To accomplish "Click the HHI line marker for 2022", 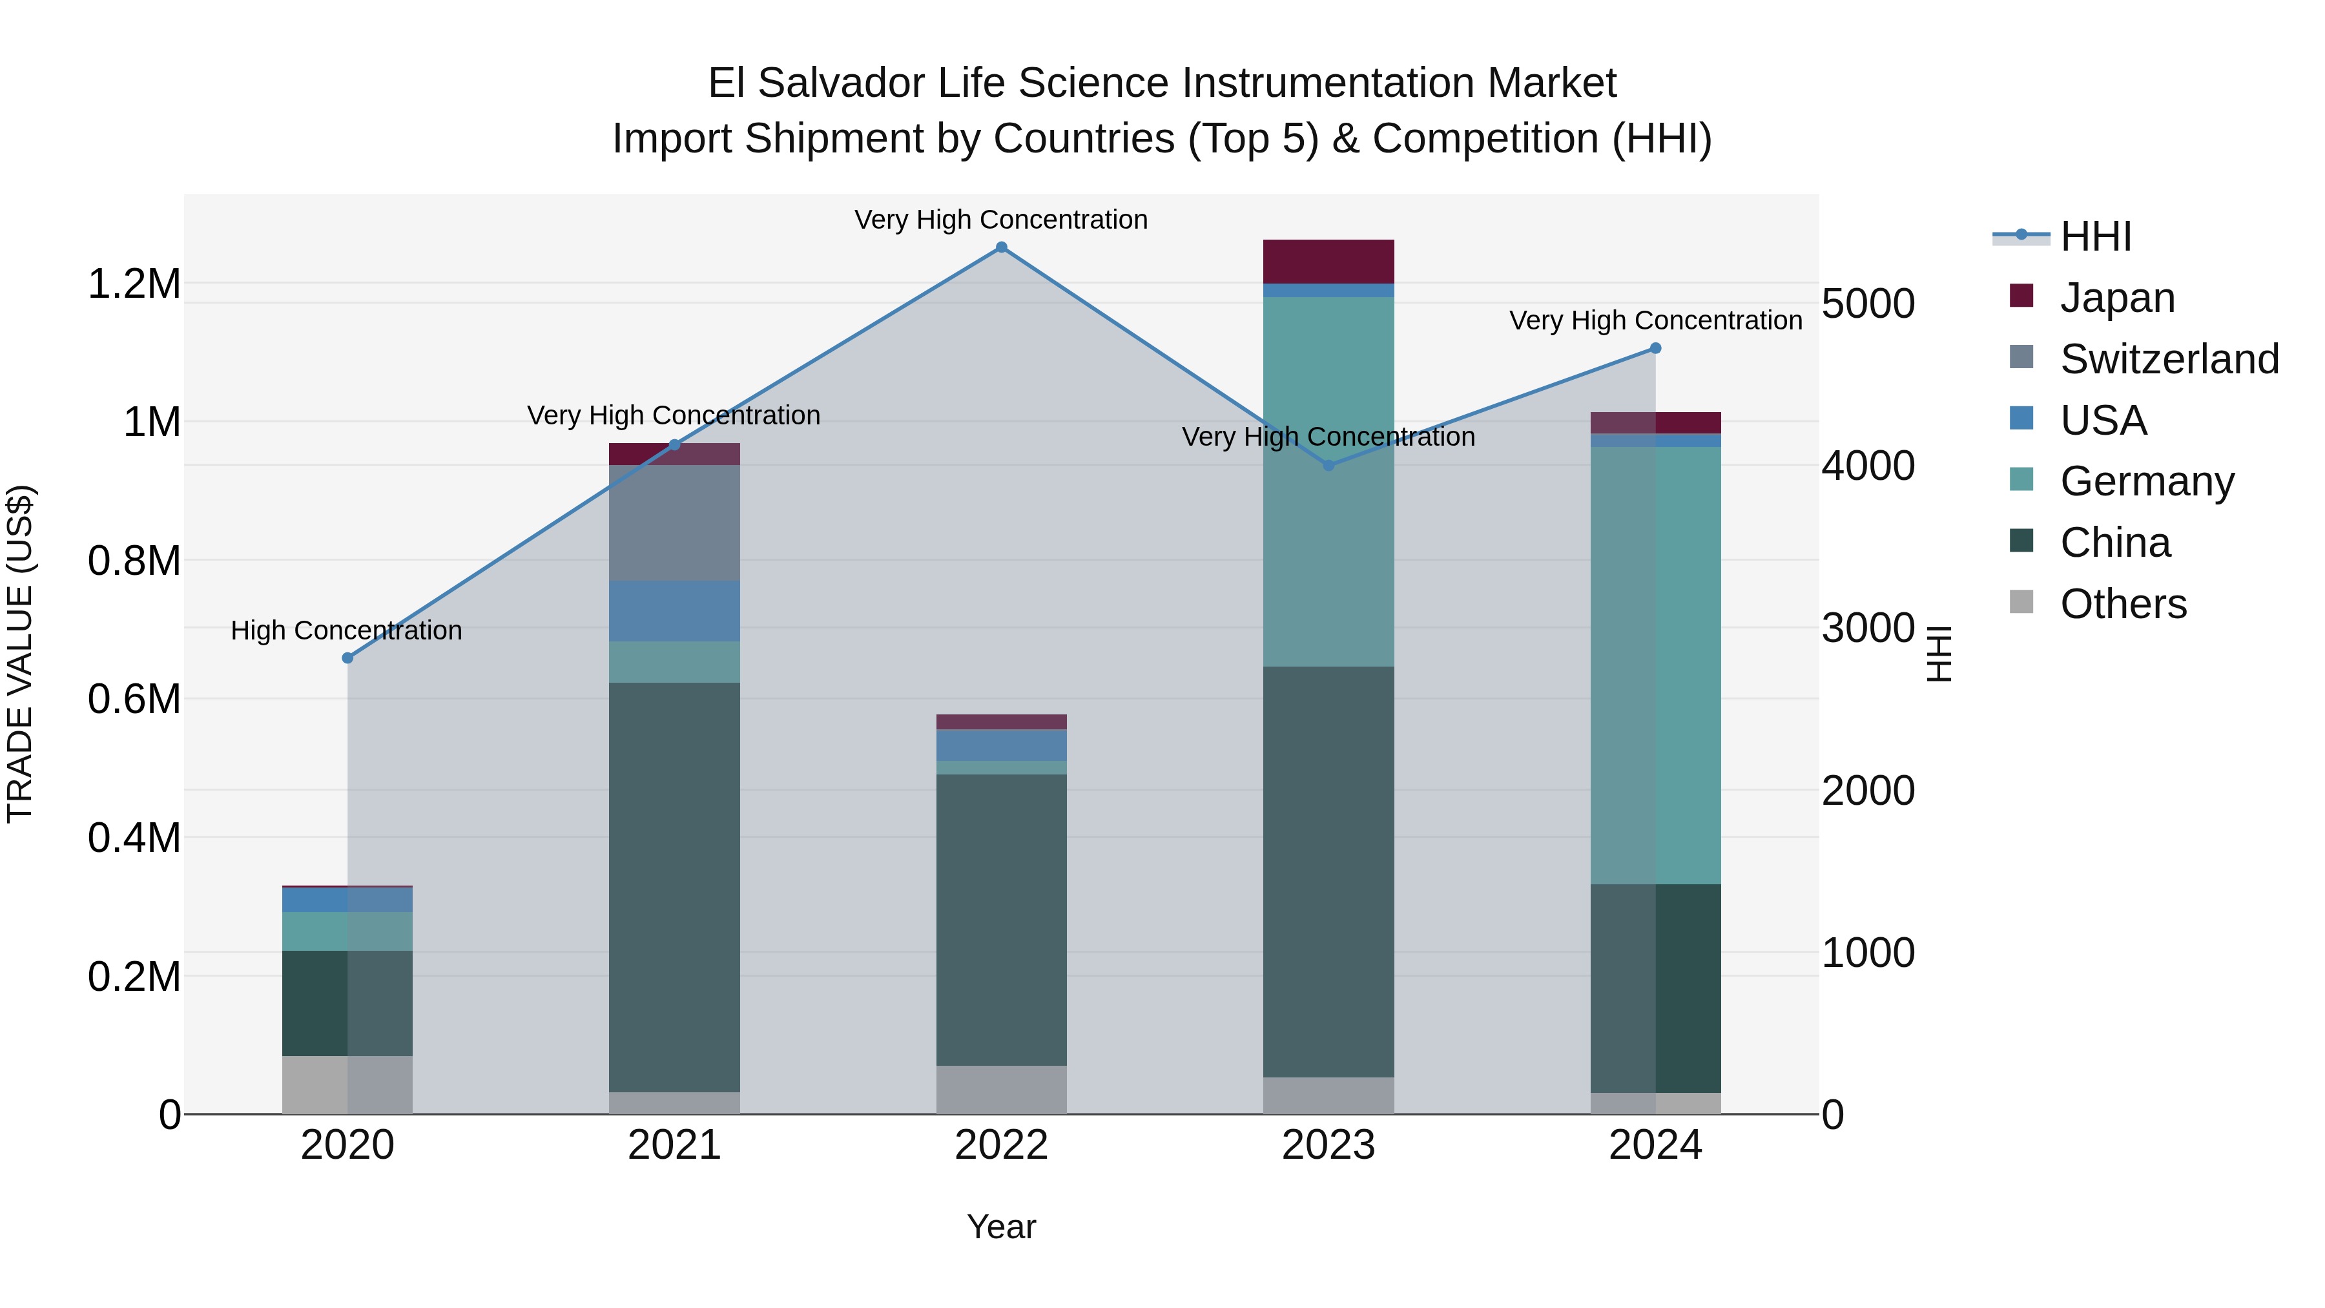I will [1001, 247].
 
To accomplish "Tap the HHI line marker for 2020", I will [347, 658].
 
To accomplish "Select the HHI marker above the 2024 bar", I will [1655, 348].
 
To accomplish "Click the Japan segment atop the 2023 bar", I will [1328, 262].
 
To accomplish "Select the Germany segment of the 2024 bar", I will [1655, 665].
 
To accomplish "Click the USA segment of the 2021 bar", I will [674, 611].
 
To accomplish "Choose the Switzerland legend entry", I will [2169, 359].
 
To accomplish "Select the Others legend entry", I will [2123, 604].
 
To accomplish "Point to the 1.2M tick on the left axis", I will [134, 284].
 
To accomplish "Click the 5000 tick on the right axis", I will [1867, 304].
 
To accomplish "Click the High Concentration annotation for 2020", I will [347, 630].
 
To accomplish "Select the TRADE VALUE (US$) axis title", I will [20, 654].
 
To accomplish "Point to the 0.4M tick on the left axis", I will [134, 838].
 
